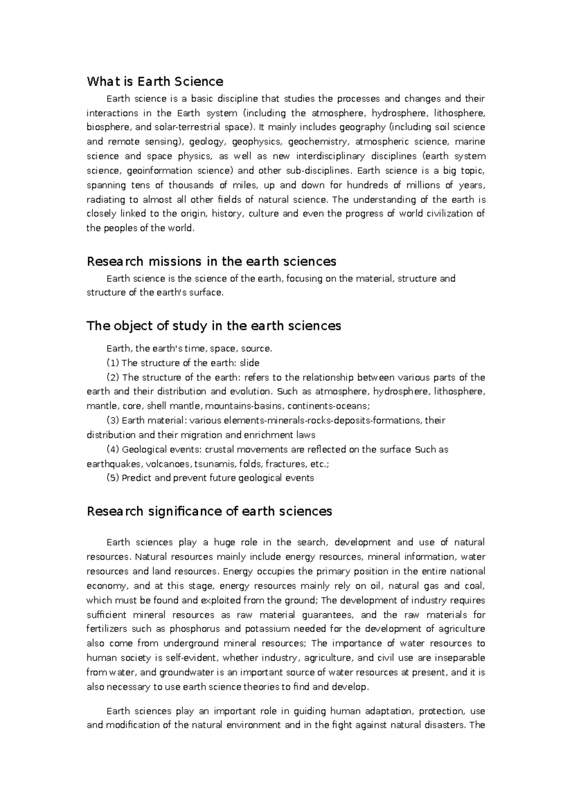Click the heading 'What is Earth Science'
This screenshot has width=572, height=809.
pyautogui.click(x=155, y=81)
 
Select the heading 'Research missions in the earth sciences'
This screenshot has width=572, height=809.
pyautogui.click(x=211, y=262)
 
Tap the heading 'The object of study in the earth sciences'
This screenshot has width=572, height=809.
pyautogui.click(x=214, y=326)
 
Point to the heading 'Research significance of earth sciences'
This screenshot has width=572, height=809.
pyautogui.click(x=209, y=511)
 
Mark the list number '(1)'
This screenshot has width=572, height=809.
pyautogui.click(x=113, y=363)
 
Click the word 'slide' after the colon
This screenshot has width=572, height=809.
pyautogui.click(x=249, y=363)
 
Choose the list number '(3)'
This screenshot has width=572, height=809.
pyautogui.click(x=113, y=421)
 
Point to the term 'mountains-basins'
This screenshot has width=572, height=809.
pyautogui.click(x=245, y=406)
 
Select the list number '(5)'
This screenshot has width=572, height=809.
pyautogui.click(x=113, y=478)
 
